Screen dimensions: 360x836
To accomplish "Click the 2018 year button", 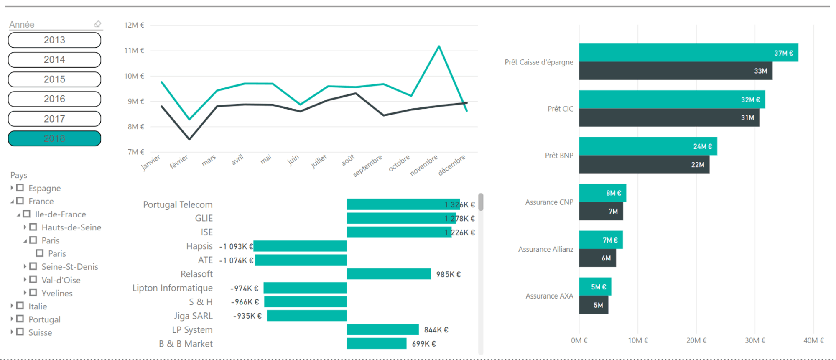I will pos(54,138).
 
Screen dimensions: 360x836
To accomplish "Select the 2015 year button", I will pos(54,79).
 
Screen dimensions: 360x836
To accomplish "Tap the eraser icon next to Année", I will pos(97,24).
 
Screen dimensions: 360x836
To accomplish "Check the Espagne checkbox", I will pos(20,188).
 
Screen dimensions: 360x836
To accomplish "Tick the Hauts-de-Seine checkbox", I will pos(33,227).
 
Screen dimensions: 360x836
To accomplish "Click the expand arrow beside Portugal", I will pos(12,319).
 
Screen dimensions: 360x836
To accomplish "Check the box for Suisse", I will pos(20,332).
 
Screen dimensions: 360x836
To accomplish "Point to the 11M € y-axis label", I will pos(134,51).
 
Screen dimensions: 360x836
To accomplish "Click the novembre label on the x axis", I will pos(424,165).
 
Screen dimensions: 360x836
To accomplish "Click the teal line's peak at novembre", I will pos(439,46).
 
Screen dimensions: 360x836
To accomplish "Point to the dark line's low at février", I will pos(189,139).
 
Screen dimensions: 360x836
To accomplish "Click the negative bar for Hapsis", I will pos(300,246).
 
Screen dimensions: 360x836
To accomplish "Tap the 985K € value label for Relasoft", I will pos(448,274).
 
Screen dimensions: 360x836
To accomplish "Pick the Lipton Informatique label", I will pos(172,288).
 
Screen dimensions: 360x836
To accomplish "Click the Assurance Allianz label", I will pos(545,249).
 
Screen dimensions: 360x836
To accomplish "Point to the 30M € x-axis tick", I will pos(754,340).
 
